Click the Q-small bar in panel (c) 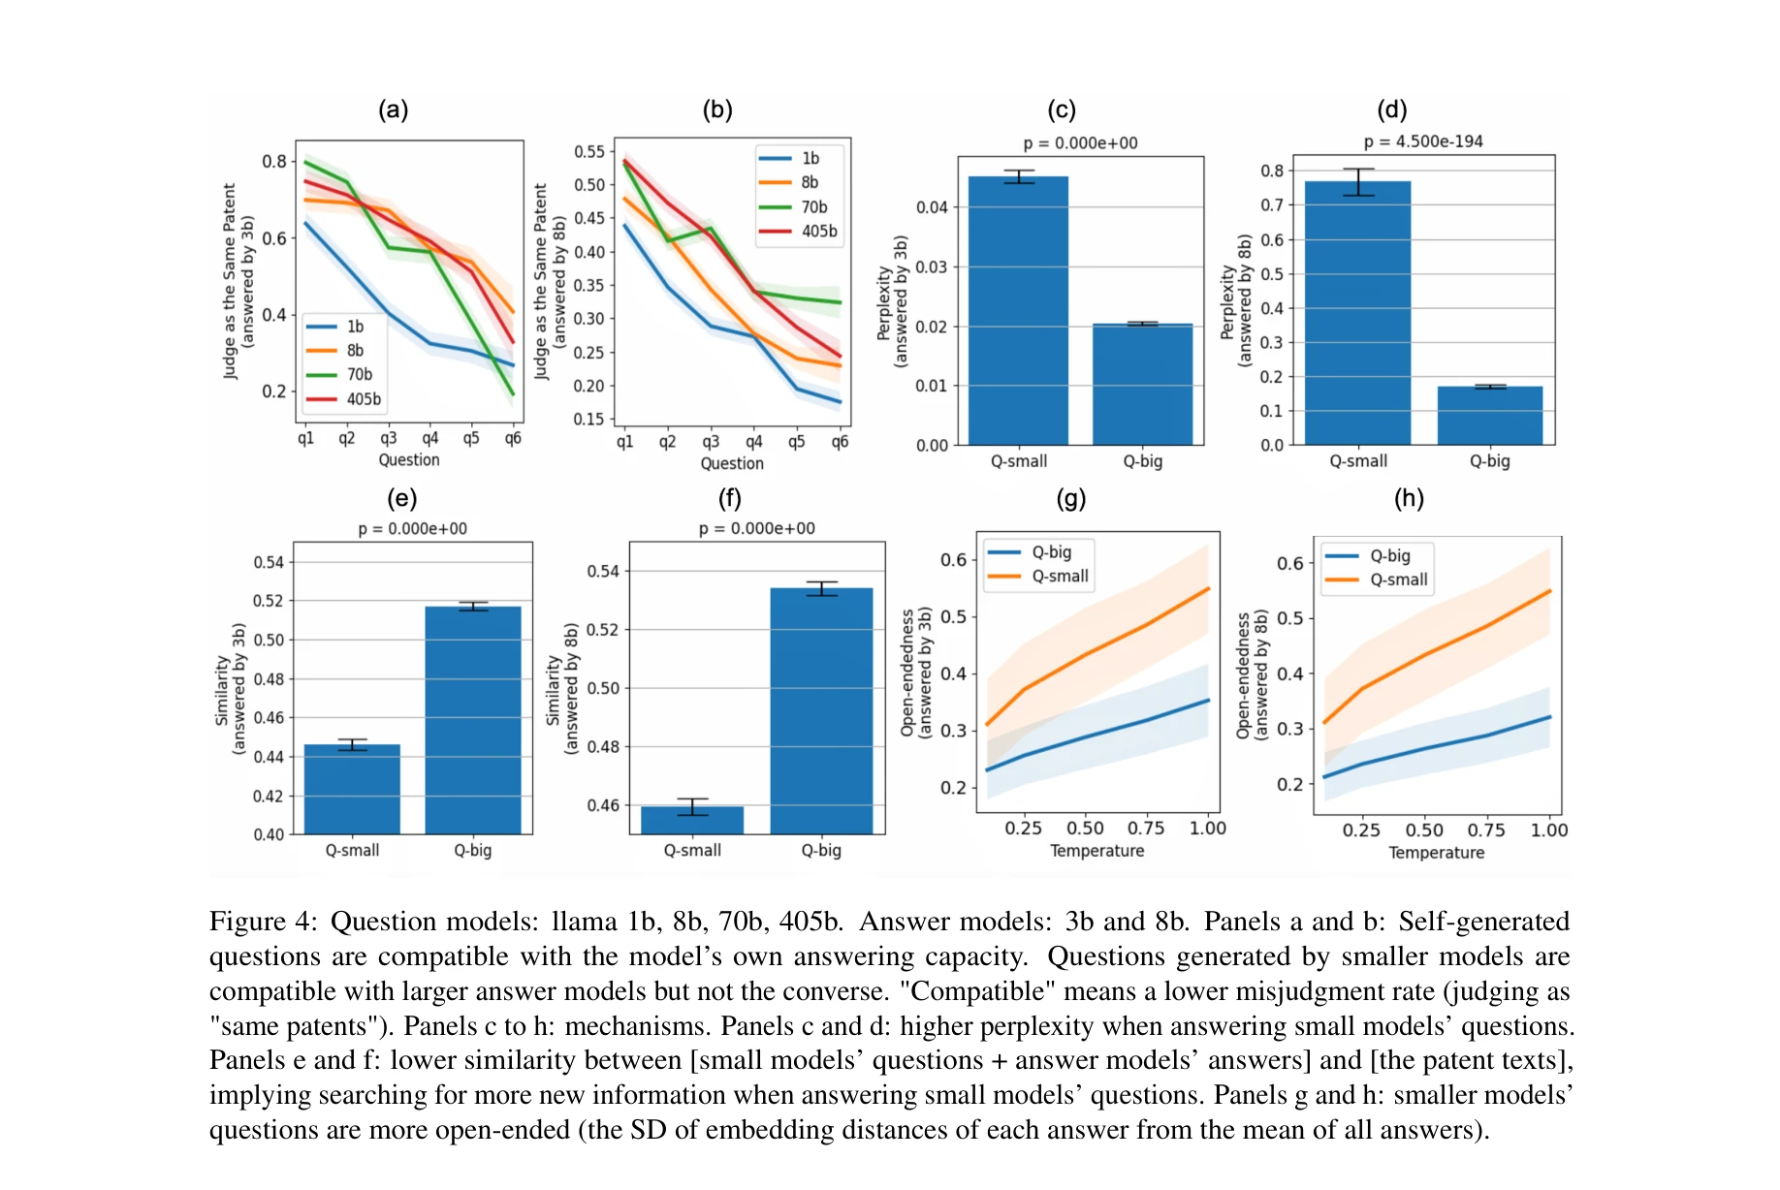[x=1018, y=310]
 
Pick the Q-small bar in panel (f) [x=692, y=820]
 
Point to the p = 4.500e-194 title [x=1422, y=141]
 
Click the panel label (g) [x=1070, y=499]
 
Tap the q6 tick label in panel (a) [x=513, y=438]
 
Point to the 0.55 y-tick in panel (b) [x=588, y=152]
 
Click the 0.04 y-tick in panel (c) [x=932, y=207]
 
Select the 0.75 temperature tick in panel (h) [x=1485, y=830]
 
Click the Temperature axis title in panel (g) [x=1097, y=851]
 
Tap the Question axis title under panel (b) [x=732, y=463]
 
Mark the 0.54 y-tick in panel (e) [x=269, y=563]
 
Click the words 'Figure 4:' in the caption [x=263, y=922]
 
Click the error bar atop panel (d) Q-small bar [x=1357, y=181]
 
